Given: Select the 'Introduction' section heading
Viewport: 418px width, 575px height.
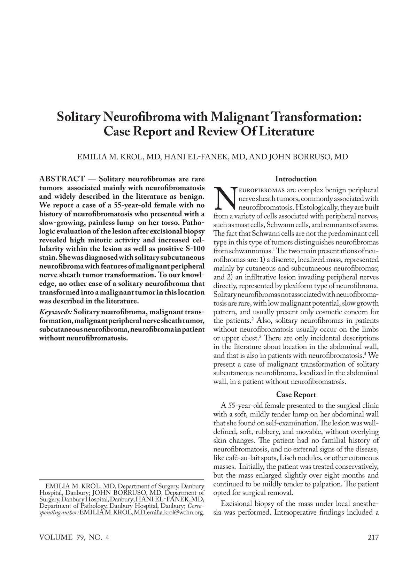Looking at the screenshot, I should (x=296, y=179).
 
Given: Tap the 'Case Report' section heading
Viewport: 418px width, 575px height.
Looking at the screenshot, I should (x=296, y=394).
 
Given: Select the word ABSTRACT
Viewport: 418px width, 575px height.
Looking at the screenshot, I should (x=62, y=179).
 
